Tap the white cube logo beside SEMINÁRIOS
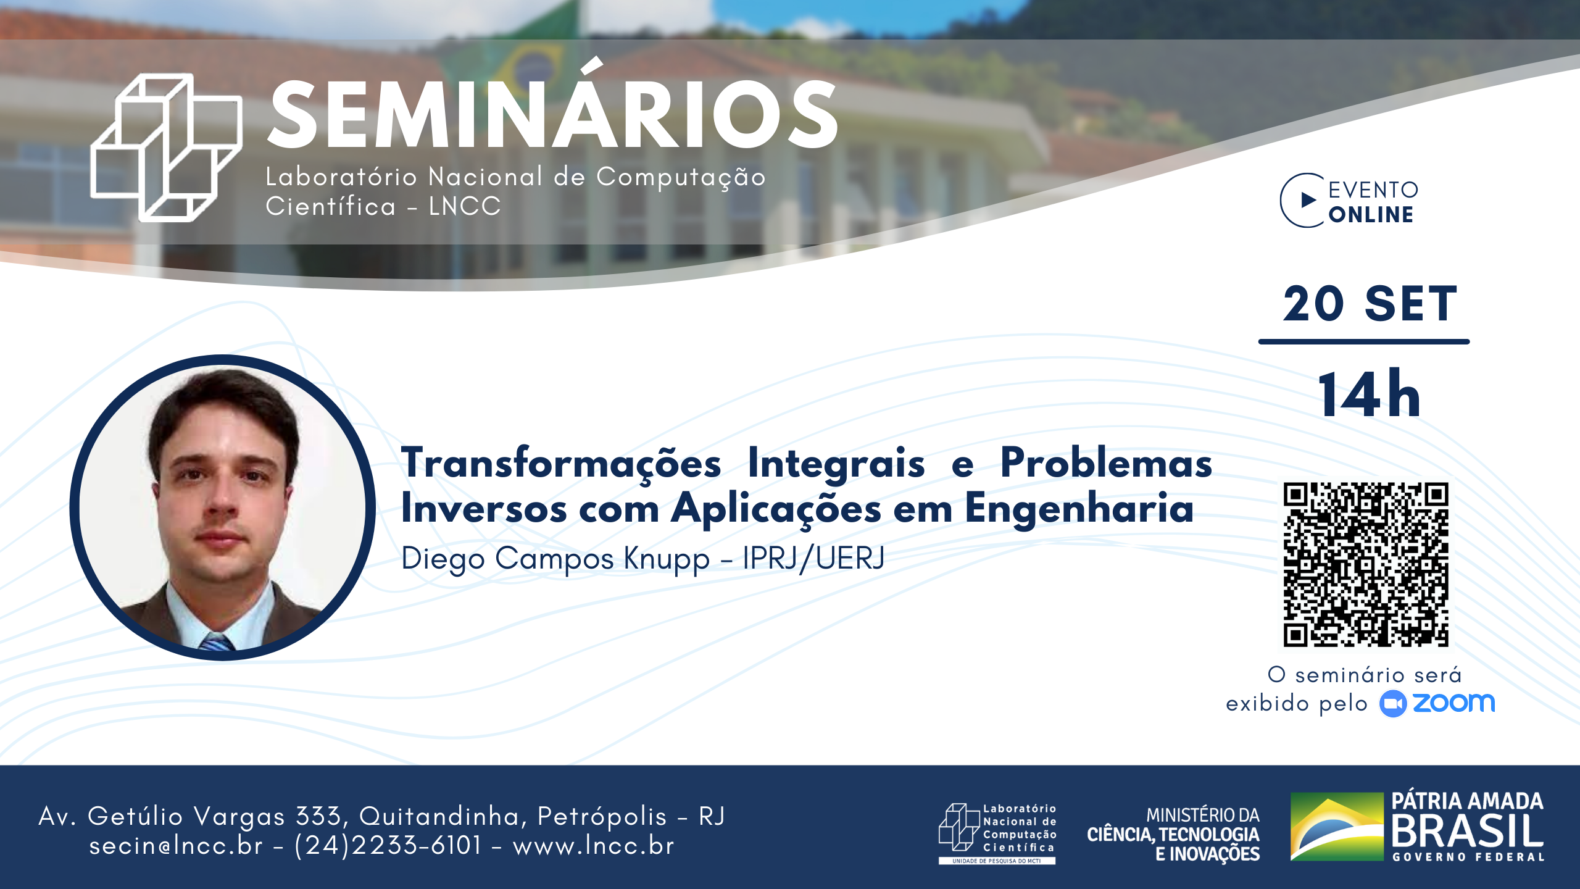[x=166, y=148]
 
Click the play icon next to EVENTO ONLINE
[x=1308, y=200]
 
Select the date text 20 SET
[x=1370, y=304]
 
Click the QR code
[x=1366, y=564]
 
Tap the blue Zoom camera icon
[x=1393, y=704]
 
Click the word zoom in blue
[x=1454, y=703]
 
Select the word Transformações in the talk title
[x=561, y=464]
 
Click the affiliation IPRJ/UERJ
[x=813, y=558]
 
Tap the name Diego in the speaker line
[x=443, y=559]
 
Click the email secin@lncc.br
[x=176, y=845]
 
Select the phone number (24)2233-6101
[x=388, y=845]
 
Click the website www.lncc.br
[x=593, y=845]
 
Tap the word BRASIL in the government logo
[x=1468, y=831]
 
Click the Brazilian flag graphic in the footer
[x=1337, y=827]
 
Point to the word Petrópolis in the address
[x=602, y=816]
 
